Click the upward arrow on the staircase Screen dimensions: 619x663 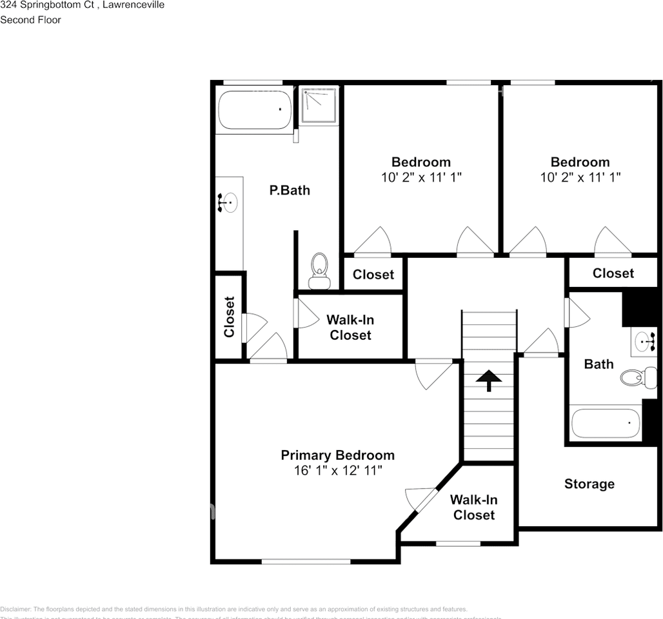click(488, 380)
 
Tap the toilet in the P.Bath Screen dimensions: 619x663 click(319, 270)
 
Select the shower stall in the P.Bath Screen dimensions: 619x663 click(319, 104)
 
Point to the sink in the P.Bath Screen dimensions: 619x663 click(228, 203)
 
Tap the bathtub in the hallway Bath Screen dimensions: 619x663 click(606, 424)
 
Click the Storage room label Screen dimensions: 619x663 click(589, 484)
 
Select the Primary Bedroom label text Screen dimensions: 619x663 click(337, 455)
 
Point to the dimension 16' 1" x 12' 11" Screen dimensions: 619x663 click(337, 471)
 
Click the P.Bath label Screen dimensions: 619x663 click(289, 190)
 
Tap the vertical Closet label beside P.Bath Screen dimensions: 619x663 click(229, 317)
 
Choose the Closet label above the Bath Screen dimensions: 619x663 click(613, 273)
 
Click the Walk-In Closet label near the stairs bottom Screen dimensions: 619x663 click(473, 507)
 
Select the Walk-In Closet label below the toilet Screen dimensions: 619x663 click(349, 328)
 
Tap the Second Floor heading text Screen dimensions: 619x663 click(30, 20)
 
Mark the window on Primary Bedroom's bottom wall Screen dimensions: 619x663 click(306, 561)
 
